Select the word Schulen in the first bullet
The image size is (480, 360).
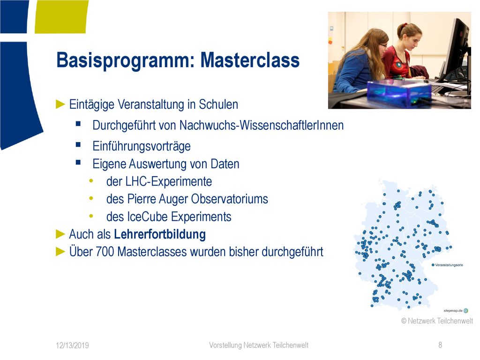[218, 104]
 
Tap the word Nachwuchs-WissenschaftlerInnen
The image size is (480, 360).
[262, 125]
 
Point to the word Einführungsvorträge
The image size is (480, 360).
[142, 146]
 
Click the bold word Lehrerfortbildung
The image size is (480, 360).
[160, 234]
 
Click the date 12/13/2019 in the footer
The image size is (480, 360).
[72, 345]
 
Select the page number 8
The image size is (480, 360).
[440, 345]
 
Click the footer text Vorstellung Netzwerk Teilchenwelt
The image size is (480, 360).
[259, 345]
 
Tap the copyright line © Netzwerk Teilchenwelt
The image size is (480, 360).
[437, 321]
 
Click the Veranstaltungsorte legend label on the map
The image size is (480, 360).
[449, 265]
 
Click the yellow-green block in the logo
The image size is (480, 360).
[61, 16]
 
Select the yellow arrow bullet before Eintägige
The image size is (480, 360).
[60, 105]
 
